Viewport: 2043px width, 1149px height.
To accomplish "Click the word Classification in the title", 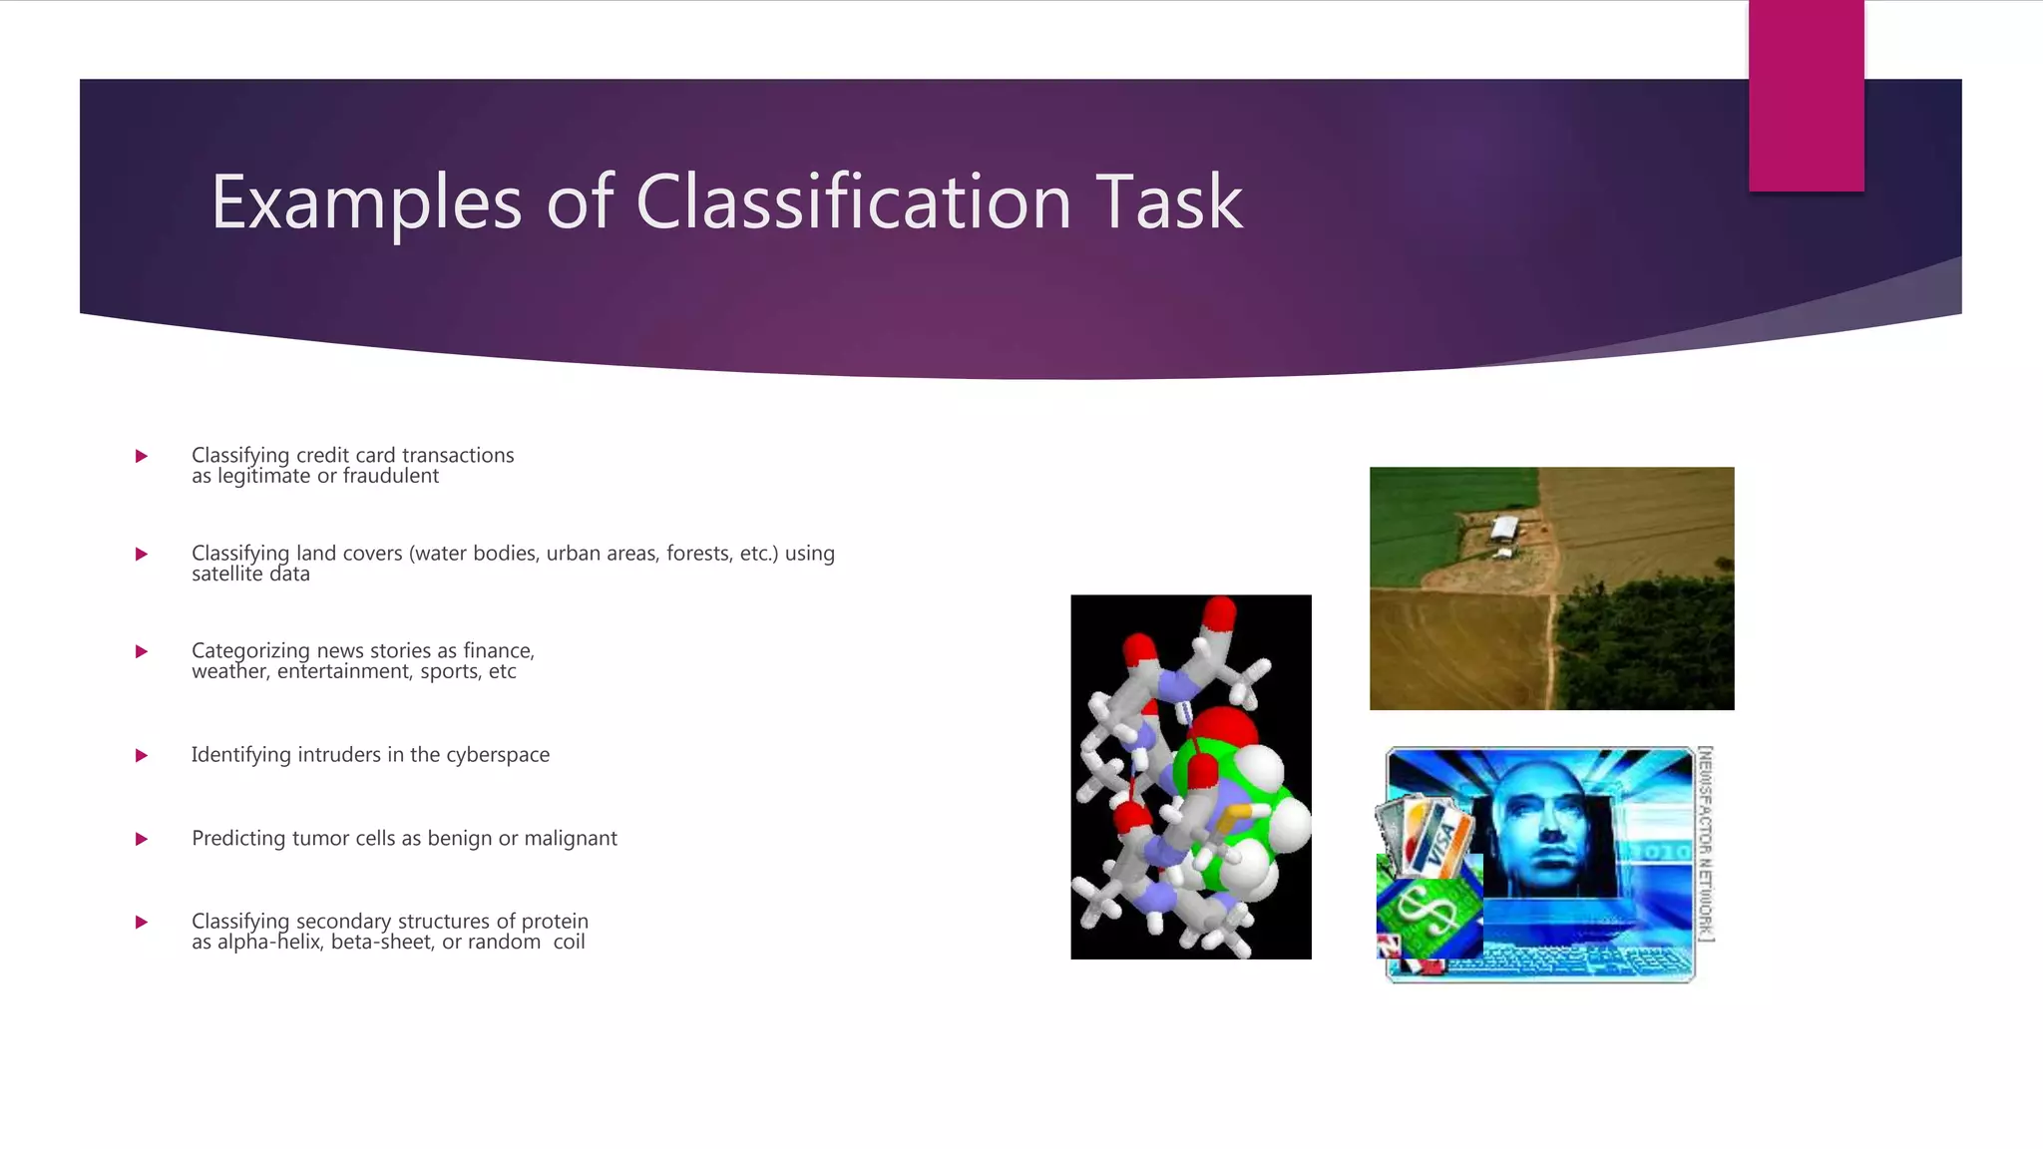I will pos(853,202).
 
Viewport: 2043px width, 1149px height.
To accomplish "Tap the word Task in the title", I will pos(1169,202).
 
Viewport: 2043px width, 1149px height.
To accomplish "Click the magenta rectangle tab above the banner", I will pos(1806,96).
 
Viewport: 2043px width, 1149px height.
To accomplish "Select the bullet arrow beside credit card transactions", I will pos(142,456).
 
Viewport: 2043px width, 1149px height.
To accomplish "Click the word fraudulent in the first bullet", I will pos(390,477).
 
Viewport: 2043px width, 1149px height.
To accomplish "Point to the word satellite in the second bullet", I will pos(227,574).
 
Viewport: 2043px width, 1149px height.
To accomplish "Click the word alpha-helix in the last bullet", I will pos(268,943).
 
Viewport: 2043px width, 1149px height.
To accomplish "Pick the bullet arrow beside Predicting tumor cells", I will pos(142,839).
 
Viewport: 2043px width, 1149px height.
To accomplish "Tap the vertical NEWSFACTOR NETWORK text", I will pos(1706,843).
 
